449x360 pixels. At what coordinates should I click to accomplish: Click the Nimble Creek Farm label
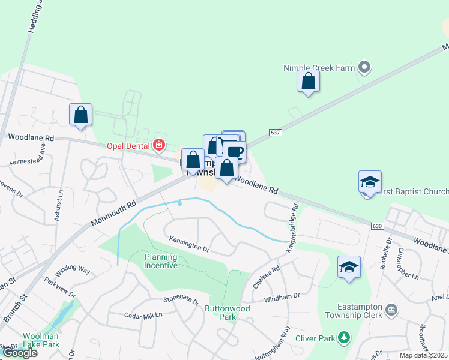pyautogui.click(x=319, y=68)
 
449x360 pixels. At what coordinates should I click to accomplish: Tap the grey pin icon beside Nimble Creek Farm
pyautogui.click(x=363, y=67)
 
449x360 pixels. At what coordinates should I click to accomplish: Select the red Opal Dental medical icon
pyautogui.click(x=158, y=145)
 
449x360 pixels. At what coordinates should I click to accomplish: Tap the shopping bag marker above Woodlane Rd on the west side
pyautogui.click(x=81, y=115)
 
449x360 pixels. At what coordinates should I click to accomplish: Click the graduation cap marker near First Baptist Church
pyautogui.click(x=370, y=182)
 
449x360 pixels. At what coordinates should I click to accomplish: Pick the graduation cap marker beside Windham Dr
pyautogui.click(x=349, y=267)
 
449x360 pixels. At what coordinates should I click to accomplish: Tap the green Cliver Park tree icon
pyautogui.click(x=344, y=338)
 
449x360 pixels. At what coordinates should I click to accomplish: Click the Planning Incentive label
pyautogui.click(x=161, y=261)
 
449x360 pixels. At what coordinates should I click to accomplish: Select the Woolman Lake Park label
pyautogui.click(x=41, y=340)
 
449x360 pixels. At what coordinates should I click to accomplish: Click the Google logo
pyautogui.click(x=20, y=353)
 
